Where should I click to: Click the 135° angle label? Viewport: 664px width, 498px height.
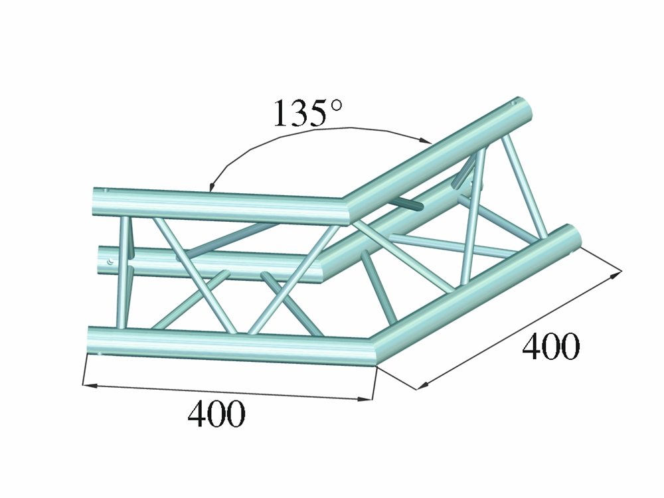[307, 113]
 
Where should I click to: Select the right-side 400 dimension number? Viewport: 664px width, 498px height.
[550, 346]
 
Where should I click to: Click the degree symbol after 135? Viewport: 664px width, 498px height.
[335, 105]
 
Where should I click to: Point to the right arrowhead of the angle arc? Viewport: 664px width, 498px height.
[425, 139]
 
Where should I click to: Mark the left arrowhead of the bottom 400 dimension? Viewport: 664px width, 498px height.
[90, 385]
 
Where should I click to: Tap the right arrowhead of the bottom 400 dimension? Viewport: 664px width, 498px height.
[365, 398]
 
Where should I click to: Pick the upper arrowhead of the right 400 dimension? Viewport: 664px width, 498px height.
[616, 274]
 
